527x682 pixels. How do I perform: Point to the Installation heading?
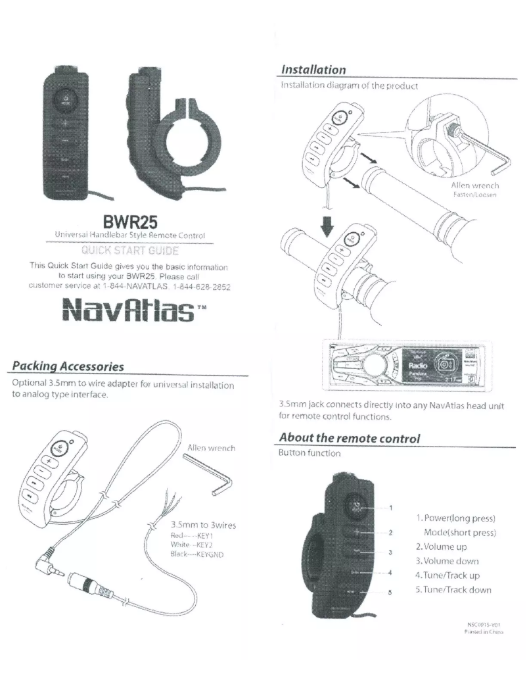coord(313,69)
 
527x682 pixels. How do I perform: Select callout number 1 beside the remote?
coord(391,507)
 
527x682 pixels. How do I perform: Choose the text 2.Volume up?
coord(446,546)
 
